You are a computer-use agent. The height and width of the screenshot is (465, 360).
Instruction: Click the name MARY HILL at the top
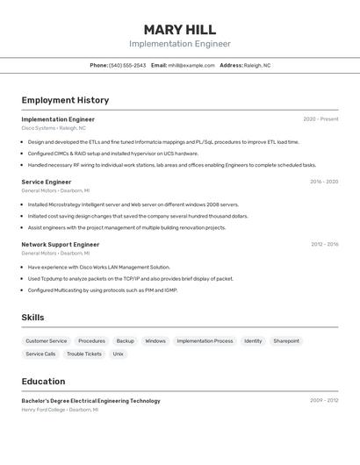pos(179,29)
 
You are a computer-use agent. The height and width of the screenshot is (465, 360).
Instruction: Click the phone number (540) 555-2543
pos(127,65)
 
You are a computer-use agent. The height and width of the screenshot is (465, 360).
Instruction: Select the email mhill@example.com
pos(191,65)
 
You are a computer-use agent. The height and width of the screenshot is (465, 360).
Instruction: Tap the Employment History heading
pos(65,100)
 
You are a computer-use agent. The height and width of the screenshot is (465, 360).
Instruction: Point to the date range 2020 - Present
pos(320,119)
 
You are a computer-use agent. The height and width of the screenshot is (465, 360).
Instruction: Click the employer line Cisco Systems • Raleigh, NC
pos(54,128)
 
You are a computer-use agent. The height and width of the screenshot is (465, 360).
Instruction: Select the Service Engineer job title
pos(47,182)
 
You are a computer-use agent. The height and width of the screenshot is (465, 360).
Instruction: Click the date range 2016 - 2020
pos(324,182)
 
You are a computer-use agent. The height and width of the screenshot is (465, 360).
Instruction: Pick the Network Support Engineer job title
pos(61,245)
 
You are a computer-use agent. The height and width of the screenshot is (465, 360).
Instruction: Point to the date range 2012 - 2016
pos(324,245)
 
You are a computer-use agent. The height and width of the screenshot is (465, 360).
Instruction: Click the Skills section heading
pos(32,318)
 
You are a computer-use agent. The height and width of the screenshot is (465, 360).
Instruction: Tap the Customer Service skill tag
pos(46,340)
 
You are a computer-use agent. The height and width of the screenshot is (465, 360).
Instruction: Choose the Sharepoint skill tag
pos(286,340)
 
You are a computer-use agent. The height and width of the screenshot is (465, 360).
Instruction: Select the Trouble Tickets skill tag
pos(84,354)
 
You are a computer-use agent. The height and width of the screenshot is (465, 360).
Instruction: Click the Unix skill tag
pos(118,354)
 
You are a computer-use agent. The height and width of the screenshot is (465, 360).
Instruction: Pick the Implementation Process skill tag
pos(205,340)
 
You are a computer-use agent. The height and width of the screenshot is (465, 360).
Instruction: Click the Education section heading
pos(43,382)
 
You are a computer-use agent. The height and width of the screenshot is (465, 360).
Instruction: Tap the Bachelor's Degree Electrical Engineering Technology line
pos(90,401)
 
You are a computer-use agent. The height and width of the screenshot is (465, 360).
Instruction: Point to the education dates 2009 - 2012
pos(324,401)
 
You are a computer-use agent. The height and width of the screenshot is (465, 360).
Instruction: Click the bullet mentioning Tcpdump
pos(130,279)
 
